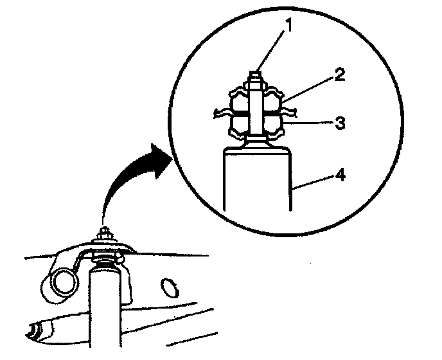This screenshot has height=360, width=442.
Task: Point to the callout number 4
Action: coord(341,175)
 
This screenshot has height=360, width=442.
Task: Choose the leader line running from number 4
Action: coord(315,181)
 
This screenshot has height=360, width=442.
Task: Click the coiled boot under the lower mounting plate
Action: coord(105,260)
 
